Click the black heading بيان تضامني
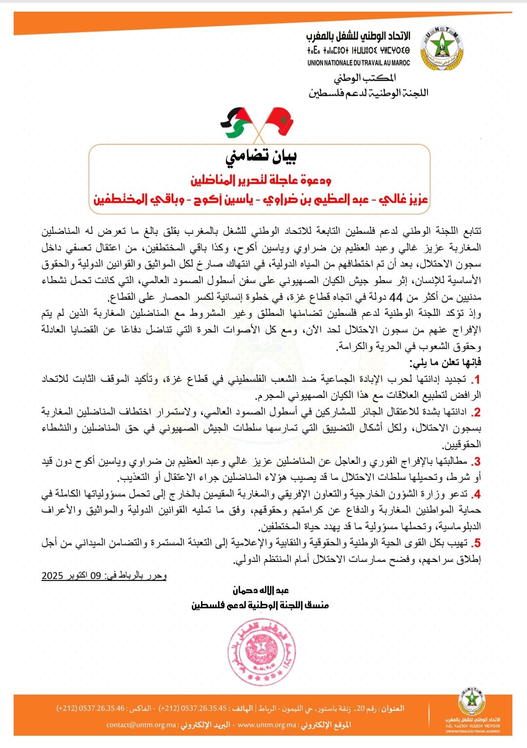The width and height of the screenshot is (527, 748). click(x=261, y=156)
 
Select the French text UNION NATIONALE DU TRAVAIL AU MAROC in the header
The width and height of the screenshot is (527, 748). click(x=359, y=63)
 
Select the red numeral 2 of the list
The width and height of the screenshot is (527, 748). click(x=477, y=413)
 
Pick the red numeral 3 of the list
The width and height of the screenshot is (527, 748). click(x=477, y=461)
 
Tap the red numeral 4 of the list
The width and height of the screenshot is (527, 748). click(x=477, y=494)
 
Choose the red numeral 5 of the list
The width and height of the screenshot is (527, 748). click(x=477, y=543)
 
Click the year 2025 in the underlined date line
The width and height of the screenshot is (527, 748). click(x=53, y=576)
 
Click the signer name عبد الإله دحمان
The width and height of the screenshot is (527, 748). click(x=261, y=590)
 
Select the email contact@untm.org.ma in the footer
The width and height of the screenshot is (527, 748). click(x=142, y=725)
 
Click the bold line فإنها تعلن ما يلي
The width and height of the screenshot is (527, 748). click(x=445, y=362)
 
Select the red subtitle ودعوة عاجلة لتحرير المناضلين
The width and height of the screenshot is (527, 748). click(x=261, y=180)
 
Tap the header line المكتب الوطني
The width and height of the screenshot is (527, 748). click(x=365, y=78)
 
